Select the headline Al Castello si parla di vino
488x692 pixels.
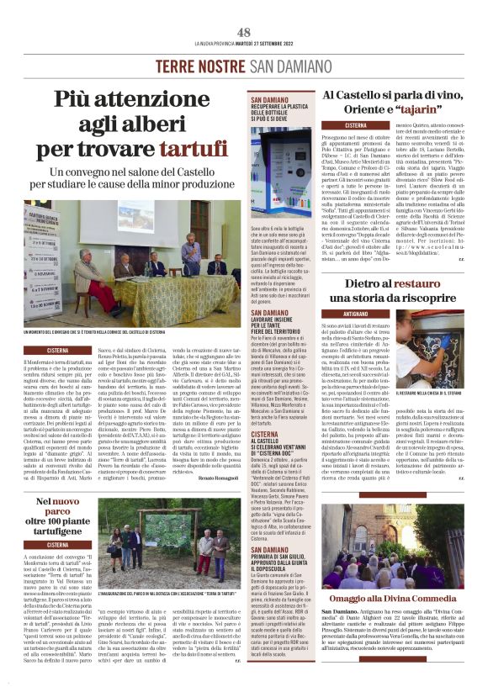click(394, 98)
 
